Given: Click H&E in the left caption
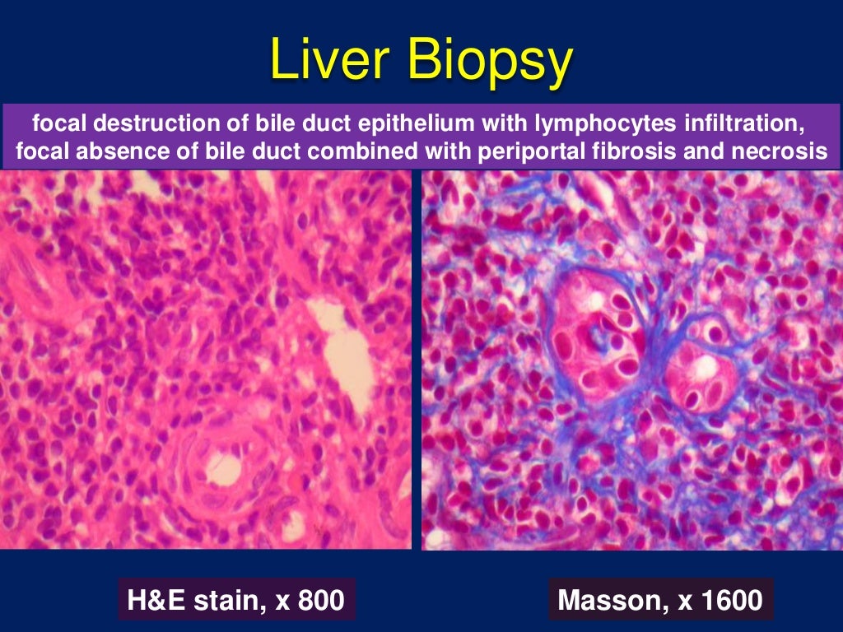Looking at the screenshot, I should pos(157,600).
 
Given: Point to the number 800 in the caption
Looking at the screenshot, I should pos(318,600).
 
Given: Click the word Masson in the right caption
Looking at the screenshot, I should pos(605,600).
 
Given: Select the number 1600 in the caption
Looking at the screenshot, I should pos(727,600).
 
